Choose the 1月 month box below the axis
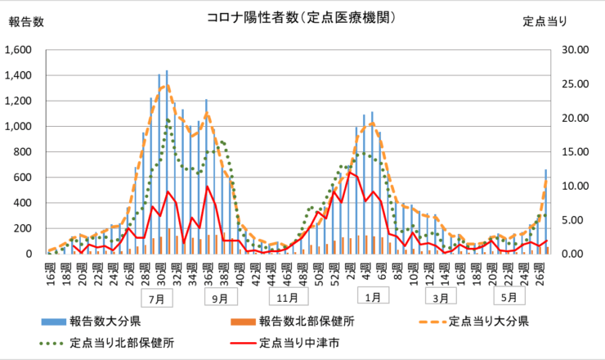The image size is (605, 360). click(372, 298)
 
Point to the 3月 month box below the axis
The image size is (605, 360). click(441, 298)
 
